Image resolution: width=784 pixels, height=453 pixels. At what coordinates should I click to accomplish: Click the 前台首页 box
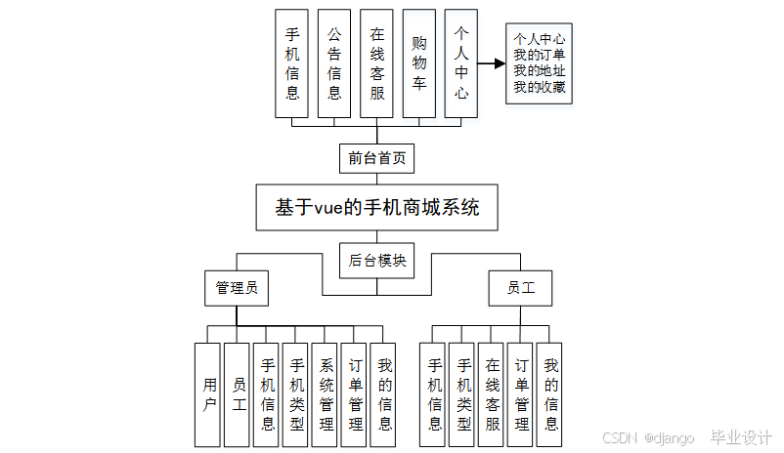click(376, 157)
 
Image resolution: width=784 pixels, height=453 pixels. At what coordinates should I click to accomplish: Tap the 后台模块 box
click(376, 261)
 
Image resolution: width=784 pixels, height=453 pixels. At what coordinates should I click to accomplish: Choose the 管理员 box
click(237, 288)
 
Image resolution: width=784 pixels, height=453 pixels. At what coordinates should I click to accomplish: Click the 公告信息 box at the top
click(334, 64)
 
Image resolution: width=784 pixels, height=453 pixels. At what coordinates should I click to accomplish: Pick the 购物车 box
click(418, 64)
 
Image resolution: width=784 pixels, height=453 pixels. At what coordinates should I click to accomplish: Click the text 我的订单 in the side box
click(539, 55)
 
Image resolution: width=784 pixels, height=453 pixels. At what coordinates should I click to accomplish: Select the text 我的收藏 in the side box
click(539, 87)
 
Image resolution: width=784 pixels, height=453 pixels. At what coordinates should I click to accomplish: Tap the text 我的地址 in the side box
click(539, 70)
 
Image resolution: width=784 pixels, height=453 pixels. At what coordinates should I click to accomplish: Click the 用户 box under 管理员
click(208, 394)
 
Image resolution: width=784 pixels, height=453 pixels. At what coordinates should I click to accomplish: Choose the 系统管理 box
click(327, 394)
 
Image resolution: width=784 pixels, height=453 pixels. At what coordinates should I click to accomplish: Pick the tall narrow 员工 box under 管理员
click(238, 394)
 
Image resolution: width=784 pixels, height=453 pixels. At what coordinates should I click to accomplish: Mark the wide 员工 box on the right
click(519, 288)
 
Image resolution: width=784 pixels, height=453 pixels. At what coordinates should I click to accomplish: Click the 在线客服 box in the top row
click(377, 64)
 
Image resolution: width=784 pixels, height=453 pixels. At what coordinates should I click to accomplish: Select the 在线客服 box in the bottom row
click(492, 394)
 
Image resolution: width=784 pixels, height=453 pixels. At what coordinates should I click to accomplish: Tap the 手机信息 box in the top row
click(292, 64)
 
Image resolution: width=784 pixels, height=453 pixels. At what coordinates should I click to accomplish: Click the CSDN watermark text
click(620, 438)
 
